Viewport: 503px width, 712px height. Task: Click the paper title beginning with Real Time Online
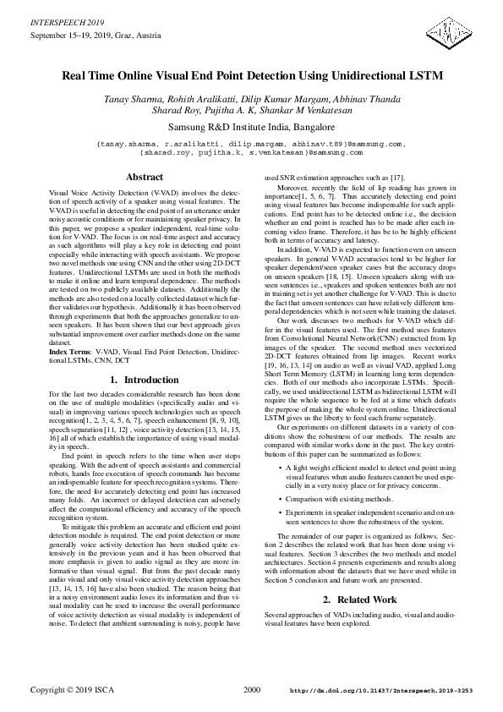click(251, 75)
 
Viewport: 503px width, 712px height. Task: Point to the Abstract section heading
click(145, 178)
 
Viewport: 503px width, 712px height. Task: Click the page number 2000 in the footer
click(251, 691)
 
